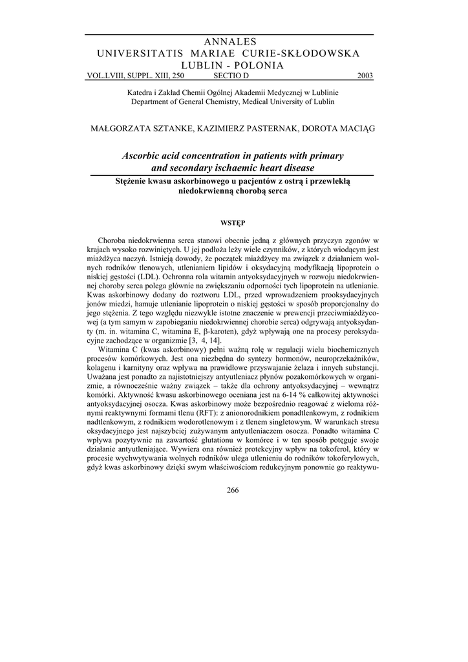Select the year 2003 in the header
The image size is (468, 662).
click(x=365, y=76)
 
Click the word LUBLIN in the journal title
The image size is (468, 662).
click(x=202, y=65)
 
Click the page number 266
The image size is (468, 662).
click(x=233, y=489)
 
